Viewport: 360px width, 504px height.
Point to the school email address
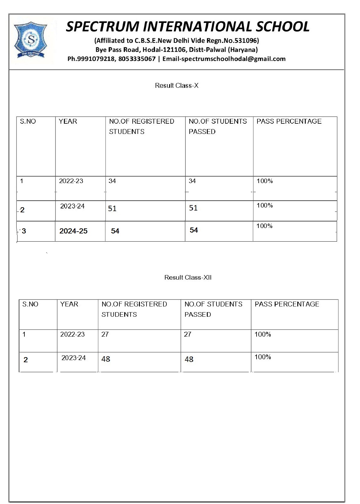tap(232, 59)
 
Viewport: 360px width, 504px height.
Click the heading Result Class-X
tap(177, 86)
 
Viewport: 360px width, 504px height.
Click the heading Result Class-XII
tap(188, 277)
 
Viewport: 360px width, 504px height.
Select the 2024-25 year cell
tap(73, 231)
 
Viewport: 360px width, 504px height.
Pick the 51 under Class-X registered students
tap(112, 208)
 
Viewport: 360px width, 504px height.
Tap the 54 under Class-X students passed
tap(194, 230)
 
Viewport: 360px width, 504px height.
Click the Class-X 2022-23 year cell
tap(71, 181)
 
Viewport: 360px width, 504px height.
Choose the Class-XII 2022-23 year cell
tap(72, 334)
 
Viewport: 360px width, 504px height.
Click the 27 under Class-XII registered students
tap(105, 334)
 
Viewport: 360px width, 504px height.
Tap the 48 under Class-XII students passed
tap(189, 359)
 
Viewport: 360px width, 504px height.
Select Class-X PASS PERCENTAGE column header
tap(289, 121)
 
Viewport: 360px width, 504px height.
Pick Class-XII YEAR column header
tap(69, 304)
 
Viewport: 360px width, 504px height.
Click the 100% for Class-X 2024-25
tap(264, 226)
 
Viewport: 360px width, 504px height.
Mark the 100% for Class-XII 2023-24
tap(263, 357)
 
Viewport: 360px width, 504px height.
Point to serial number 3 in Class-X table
tap(24, 231)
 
